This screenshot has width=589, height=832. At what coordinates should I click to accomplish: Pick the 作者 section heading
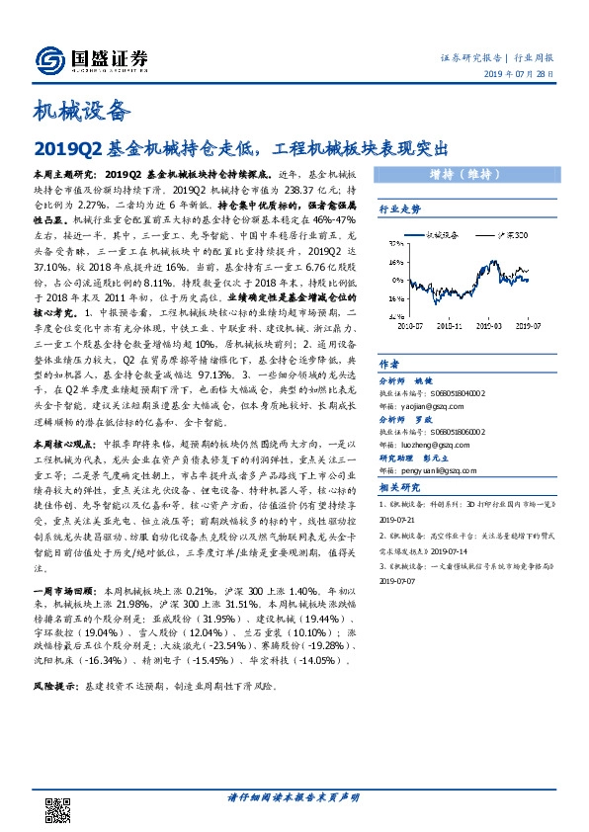(x=389, y=364)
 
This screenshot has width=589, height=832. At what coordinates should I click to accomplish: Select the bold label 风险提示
(x=57, y=686)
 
